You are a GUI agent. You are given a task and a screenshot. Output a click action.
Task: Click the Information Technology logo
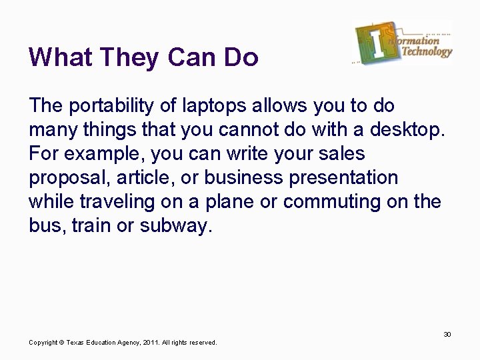point(403,43)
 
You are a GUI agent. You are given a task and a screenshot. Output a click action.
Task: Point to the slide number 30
point(447,334)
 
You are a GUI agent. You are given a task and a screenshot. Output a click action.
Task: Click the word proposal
point(69,178)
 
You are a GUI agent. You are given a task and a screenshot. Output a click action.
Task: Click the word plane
point(236,202)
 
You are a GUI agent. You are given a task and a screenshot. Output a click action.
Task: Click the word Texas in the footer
point(76,342)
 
